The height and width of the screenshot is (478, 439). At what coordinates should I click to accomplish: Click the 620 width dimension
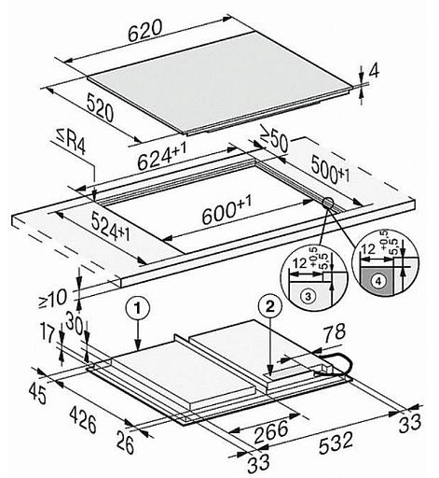tap(145, 30)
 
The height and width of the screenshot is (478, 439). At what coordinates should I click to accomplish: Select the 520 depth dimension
tap(100, 108)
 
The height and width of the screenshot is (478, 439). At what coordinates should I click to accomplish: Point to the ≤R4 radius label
tap(71, 143)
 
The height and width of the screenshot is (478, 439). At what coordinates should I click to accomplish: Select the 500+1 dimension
tap(330, 170)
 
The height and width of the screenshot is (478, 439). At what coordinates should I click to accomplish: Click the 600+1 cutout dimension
tap(226, 209)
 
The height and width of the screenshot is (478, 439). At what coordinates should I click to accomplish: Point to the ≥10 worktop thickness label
tap(52, 299)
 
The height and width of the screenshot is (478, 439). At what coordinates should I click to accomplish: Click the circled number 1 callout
tap(137, 307)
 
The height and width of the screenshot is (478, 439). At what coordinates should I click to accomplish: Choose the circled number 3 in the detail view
tap(308, 296)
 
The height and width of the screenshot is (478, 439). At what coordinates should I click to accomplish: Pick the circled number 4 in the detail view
tap(378, 281)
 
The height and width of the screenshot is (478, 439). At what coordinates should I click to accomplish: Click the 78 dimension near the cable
tap(334, 331)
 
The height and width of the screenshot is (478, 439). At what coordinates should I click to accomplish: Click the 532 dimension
tap(336, 442)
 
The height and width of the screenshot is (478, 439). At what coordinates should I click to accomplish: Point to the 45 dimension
tap(37, 393)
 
